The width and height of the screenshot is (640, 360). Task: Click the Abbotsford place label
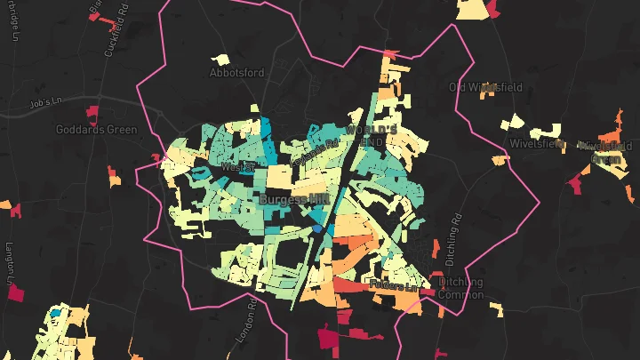[237, 73]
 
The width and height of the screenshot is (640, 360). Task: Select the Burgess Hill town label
[294, 200]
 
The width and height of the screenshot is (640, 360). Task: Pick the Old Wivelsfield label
[485, 87]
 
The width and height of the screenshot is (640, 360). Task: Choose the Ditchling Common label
[461, 289]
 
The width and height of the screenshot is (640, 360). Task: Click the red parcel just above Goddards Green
[91, 113]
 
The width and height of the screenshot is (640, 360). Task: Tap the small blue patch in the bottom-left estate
[55, 313]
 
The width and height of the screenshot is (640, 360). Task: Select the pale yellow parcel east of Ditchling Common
[496, 309]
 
